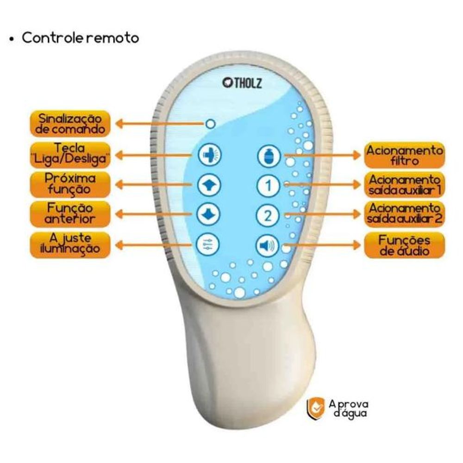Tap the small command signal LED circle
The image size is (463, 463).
(x=211, y=124)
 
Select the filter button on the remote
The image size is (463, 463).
(x=269, y=156)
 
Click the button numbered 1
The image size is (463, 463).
(x=269, y=186)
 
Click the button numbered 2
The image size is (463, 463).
(x=269, y=215)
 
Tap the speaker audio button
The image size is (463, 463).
(x=269, y=245)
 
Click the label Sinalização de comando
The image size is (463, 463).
(x=70, y=124)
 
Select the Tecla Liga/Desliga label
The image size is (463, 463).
(x=70, y=154)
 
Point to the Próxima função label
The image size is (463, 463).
(x=70, y=184)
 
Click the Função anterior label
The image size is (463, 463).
(x=70, y=213)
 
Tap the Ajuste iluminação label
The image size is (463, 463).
(x=70, y=244)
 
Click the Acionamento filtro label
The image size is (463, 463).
(x=404, y=156)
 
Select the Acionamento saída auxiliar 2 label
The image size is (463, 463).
(x=404, y=214)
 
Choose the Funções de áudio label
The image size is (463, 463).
(x=404, y=245)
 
